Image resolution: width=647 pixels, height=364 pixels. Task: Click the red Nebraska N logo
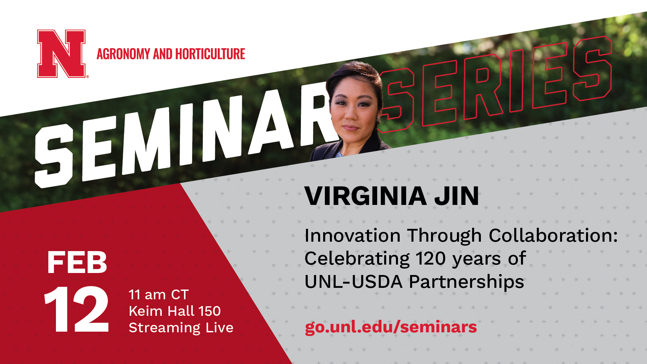click(61, 54)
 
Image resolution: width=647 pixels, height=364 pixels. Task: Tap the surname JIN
click(456, 196)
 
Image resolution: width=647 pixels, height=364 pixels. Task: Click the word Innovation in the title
click(352, 235)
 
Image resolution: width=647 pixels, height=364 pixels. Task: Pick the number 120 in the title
click(430, 259)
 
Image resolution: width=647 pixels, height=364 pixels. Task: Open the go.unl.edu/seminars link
click(391, 327)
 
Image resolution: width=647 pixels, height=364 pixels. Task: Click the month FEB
click(77, 263)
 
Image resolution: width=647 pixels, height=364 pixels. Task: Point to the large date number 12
click(77, 310)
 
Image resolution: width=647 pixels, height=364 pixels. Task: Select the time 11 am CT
click(159, 295)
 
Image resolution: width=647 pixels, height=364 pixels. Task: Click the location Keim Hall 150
click(175, 311)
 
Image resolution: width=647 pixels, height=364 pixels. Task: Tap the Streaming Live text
click(181, 328)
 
